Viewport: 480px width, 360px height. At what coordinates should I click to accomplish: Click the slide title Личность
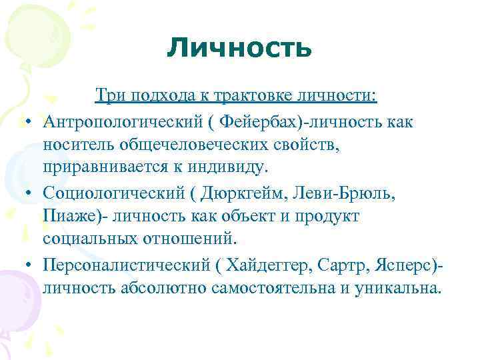(x=239, y=47)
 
